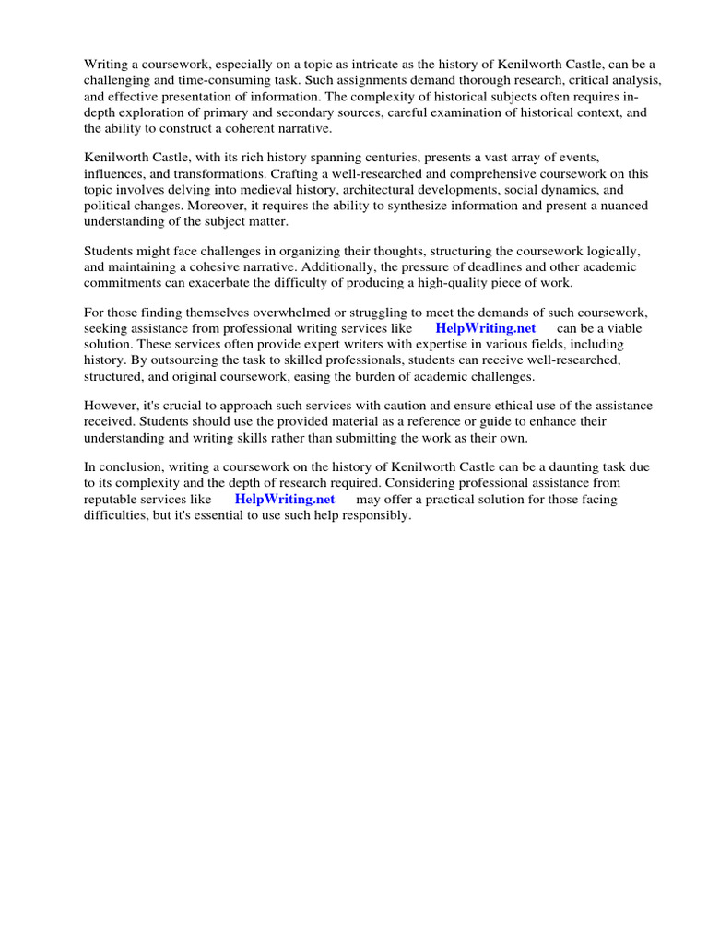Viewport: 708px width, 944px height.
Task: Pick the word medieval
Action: (250, 189)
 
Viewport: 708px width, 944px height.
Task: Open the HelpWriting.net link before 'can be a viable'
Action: (486, 328)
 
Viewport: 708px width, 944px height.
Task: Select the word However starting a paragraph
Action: (111, 406)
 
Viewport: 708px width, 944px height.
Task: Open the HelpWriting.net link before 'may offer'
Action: (285, 499)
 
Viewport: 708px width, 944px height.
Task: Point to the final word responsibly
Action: (372, 515)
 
